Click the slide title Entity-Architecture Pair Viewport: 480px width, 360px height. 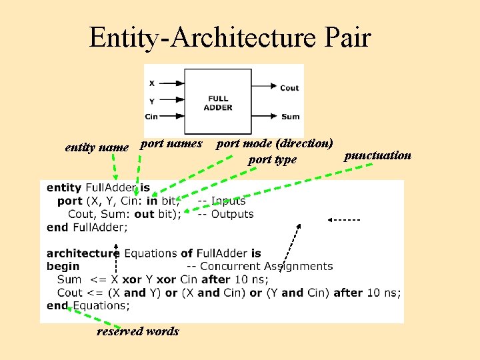230,37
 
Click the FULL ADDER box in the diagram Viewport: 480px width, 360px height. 218,103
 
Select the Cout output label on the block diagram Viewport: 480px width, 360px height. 289,87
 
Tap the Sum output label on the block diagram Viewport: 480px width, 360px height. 290,117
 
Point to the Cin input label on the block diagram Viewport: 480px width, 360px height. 151,117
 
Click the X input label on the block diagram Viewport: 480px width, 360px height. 151,83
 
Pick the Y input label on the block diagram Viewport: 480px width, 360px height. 151,101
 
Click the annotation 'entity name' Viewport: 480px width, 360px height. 97,147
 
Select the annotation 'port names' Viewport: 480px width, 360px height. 171,143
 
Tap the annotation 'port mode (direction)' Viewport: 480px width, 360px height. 275,143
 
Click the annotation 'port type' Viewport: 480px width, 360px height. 272,159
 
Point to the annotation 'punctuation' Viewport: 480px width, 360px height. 377,155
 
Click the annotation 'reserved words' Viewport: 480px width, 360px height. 137,331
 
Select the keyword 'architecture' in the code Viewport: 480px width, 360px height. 83,253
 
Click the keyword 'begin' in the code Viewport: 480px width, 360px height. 63,267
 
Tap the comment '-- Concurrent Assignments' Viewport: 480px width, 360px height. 266,267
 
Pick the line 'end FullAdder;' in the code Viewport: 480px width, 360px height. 87,227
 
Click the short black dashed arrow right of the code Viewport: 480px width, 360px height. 344,219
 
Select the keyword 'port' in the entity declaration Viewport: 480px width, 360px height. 70,201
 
